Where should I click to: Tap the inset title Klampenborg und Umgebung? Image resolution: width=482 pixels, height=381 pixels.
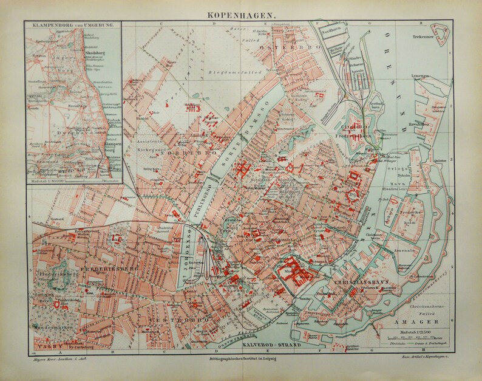72,26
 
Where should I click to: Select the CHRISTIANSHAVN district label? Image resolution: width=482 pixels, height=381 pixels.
358,283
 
